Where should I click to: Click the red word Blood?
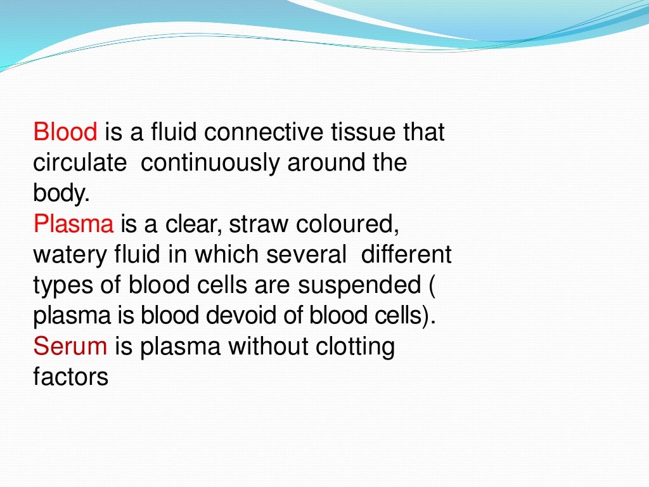point(65,133)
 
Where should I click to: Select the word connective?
point(264,133)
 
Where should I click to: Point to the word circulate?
point(80,163)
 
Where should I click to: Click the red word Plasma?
point(74,224)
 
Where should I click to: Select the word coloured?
point(348,224)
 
